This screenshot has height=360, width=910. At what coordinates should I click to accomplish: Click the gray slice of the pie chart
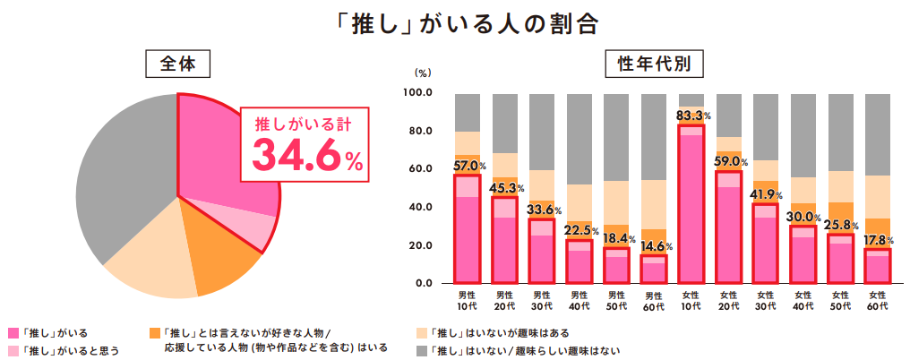tap(121, 179)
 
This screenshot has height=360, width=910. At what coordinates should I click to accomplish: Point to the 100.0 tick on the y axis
tap(418, 93)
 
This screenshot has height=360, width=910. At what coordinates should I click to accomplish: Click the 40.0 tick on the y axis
tap(420, 208)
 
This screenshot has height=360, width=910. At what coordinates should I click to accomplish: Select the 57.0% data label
tap(468, 166)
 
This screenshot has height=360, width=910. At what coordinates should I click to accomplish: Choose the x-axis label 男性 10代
tap(468, 301)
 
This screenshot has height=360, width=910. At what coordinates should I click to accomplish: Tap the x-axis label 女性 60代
tap(878, 301)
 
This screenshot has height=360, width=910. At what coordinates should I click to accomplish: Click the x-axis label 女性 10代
tap(691, 301)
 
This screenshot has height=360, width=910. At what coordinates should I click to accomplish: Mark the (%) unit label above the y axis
tap(423, 74)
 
